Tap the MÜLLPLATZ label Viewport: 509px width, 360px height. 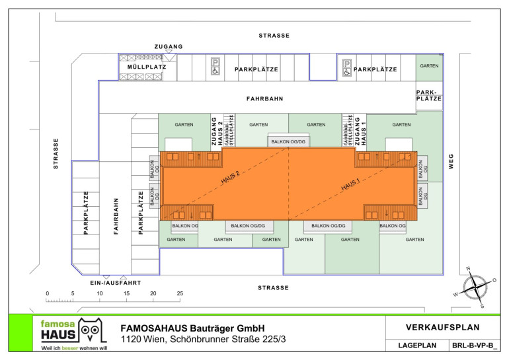142,67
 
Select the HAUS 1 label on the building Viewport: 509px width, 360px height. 350,185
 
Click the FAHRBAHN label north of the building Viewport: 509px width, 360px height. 264,99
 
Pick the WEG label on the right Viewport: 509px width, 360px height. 451,161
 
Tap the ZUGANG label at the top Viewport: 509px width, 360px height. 169,47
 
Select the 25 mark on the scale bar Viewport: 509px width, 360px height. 180,293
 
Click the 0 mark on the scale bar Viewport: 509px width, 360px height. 47,293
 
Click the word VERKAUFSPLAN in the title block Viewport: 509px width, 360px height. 443,327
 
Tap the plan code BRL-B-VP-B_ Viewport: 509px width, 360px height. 475,345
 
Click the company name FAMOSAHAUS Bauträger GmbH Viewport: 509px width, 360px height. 192,328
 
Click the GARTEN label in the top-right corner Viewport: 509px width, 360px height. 429,66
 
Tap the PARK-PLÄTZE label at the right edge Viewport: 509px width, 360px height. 429,95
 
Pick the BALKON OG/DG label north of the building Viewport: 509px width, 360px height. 289,141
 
